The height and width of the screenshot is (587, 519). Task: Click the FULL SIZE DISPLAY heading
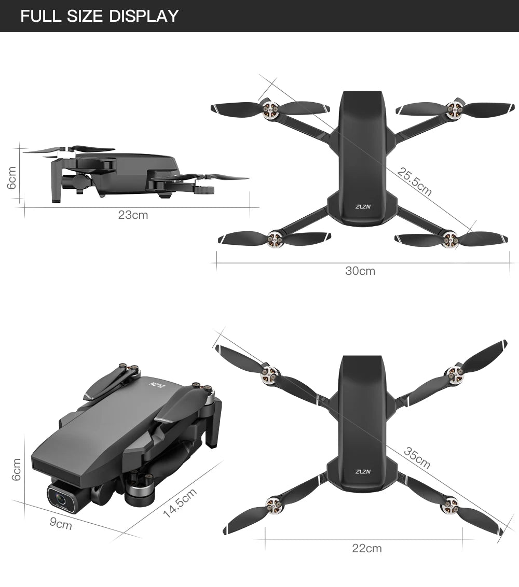tap(99, 16)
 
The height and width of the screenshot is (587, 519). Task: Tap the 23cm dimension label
tap(133, 215)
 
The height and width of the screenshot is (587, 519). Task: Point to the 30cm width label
tap(360, 271)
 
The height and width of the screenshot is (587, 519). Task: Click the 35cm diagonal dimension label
tap(417, 457)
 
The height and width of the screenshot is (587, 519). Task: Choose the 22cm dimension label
tap(366, 548)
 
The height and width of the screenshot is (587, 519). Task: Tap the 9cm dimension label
tap(61, 525)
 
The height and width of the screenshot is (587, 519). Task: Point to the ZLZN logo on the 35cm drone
tap(363, 472)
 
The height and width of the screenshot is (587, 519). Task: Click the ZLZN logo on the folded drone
tap(156, 386)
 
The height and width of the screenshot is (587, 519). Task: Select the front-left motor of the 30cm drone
tap(270, 109)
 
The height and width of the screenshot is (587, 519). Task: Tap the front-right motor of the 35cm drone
tap(455, 372)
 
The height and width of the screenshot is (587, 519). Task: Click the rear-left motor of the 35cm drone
tap(272, 502)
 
